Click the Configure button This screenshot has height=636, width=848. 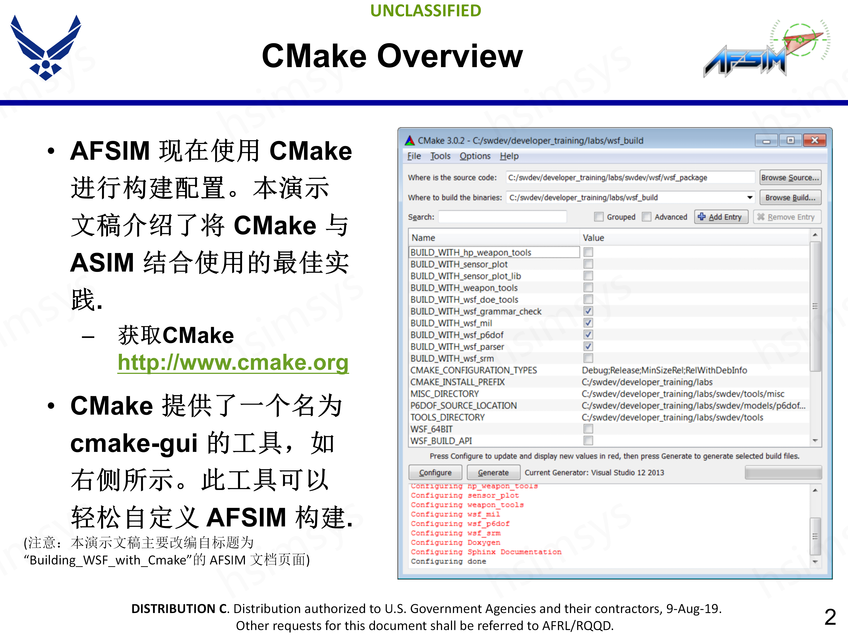tap(435, 472)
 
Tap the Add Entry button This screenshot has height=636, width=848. tap(721, 217)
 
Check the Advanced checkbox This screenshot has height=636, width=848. tap(647, 217)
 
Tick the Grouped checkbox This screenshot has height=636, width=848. tap(598, 217)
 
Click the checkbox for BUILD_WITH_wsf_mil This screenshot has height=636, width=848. tap(588, 323)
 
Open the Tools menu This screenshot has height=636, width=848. tap(440, 156)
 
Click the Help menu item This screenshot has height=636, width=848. tap(509, 156)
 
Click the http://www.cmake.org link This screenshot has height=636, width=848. tap(233, 362)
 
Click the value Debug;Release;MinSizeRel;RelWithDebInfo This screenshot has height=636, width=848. tap(664, 370)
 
